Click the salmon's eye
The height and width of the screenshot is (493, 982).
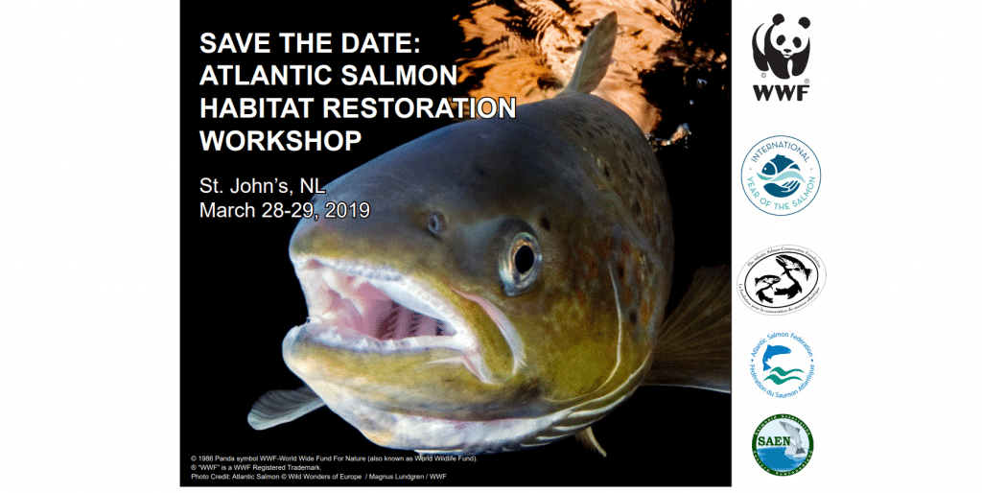(x=523, y=257)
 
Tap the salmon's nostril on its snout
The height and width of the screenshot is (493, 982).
(x=436, y=223)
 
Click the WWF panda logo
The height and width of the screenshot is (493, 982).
(x=781, y=47)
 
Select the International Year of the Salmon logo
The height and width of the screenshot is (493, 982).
(x=781, y=175)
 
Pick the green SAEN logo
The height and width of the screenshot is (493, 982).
(x=782, y=444)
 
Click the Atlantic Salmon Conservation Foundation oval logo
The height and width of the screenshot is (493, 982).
(x=781, y=279)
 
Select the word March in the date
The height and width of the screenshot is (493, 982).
(x=227, y=210)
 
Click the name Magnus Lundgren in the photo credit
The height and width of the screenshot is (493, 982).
(x=391, y=477)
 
